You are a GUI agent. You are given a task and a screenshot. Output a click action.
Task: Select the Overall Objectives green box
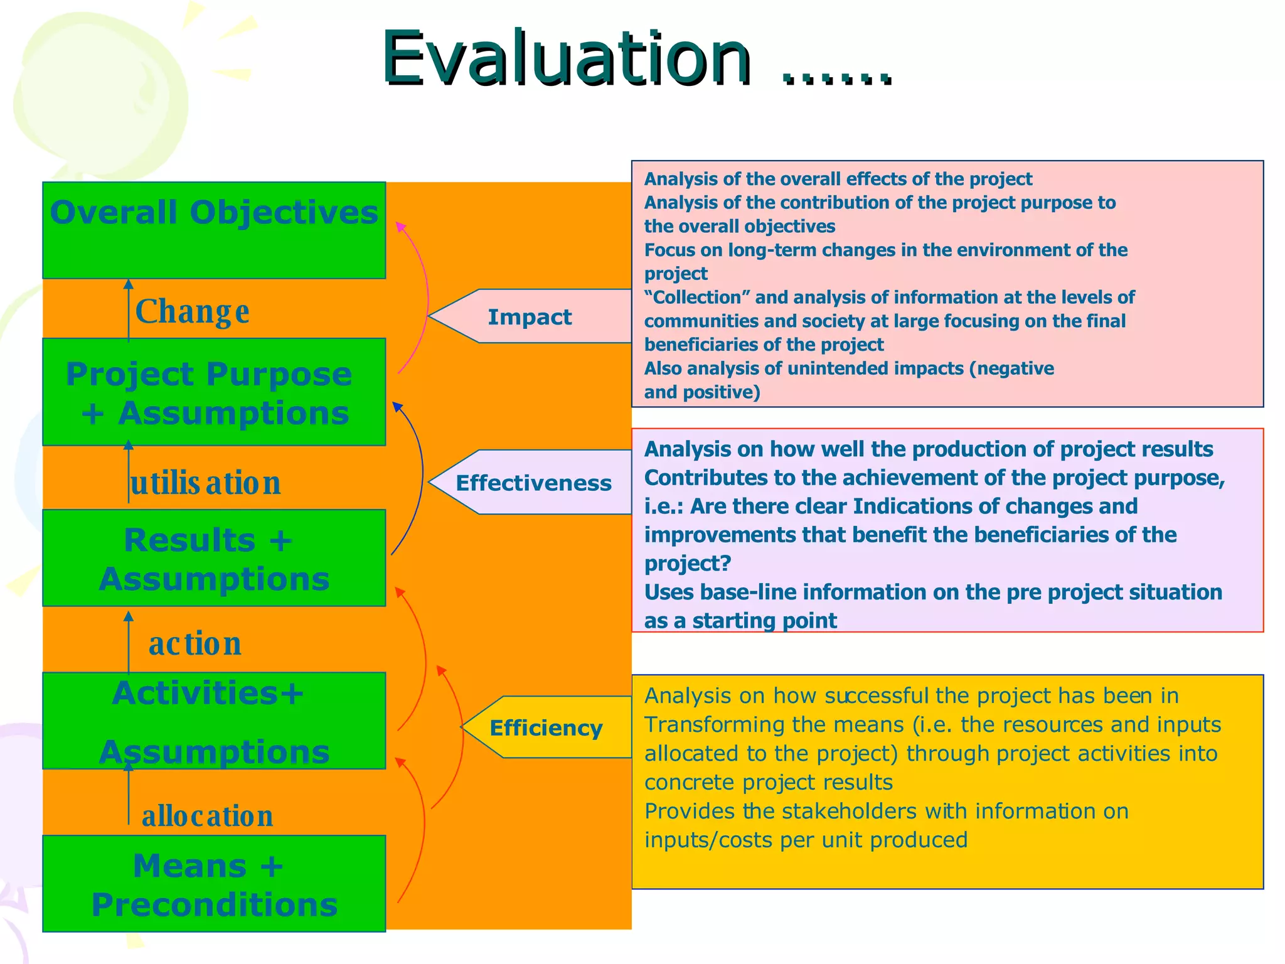(x=214, y=230)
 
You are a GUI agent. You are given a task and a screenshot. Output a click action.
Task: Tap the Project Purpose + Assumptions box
(x=214, y=392)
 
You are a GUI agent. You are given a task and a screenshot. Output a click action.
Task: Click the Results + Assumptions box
(x=214, y=558)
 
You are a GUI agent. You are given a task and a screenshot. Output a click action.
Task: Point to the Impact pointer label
(x=530, y=317)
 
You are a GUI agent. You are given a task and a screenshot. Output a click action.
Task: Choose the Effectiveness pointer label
(x=533, y=483)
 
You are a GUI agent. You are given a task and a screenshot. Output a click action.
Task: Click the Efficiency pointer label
(x=546, y=727)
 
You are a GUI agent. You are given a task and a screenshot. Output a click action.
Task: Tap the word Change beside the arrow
(x=192, y=311)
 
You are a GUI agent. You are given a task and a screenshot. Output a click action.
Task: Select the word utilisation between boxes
(x=205, y=483)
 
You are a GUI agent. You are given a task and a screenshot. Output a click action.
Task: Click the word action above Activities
(x=195, y=643)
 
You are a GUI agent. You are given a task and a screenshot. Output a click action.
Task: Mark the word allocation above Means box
(x=207, y=816)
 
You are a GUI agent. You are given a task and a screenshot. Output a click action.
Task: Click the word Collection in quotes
(x=697, y=297)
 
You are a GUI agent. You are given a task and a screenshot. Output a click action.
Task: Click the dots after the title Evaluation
(x=837, y=78)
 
